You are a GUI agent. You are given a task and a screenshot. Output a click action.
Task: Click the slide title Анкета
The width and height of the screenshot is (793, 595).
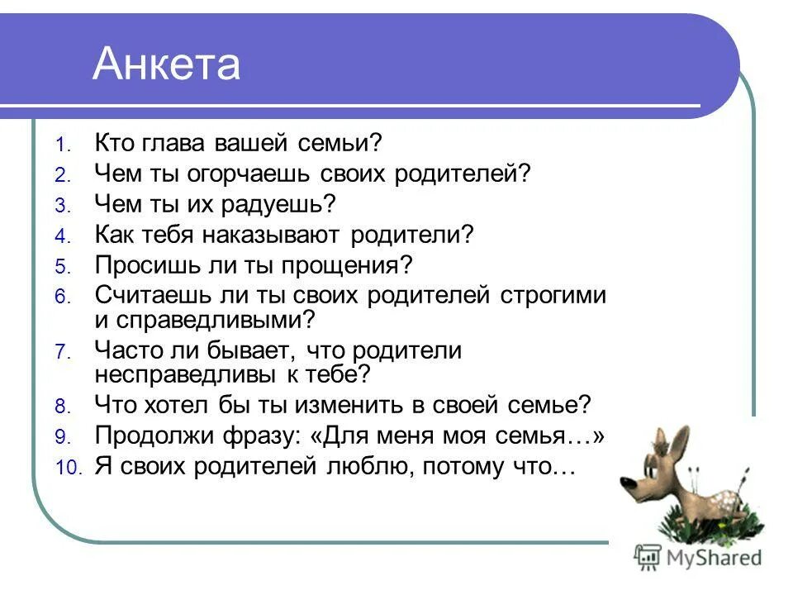(166, 64)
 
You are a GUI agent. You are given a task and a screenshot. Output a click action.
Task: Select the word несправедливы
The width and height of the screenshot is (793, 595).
(196, 374)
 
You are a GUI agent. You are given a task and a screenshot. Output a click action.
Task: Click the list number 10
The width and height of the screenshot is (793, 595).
(69, 468)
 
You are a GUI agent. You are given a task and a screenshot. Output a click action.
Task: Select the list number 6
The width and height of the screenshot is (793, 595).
(65, 297)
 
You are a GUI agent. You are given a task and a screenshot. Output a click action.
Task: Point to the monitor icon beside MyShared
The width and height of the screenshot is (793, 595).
(648, 556)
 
